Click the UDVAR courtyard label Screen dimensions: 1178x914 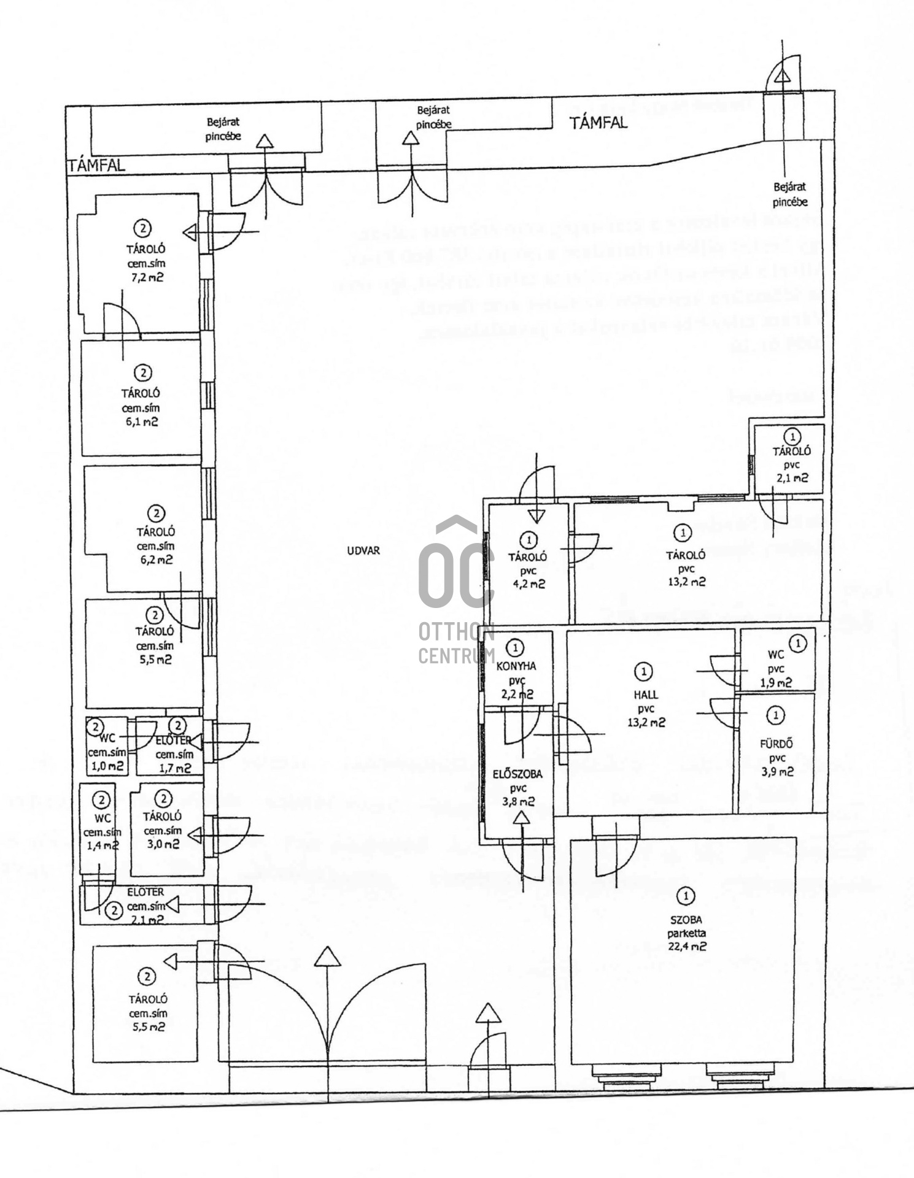coord(363,550)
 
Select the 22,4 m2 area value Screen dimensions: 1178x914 coord(687,947)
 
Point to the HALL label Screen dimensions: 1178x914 coord(646,695)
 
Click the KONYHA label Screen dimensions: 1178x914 coord(516,666)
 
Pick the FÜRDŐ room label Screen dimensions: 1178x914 coord(777,744)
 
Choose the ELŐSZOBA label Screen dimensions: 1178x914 coord(517,774)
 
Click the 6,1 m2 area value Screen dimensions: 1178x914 coord(141,422)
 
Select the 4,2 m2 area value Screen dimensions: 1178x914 coord(529,584)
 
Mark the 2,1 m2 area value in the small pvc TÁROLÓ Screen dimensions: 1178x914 coord(792,478)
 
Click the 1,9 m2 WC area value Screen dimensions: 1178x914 coord(776,683)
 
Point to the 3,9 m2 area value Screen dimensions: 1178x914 coord(777,772)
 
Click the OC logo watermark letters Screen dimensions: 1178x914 coord(456,568)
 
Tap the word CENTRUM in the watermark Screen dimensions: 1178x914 coord(456,656)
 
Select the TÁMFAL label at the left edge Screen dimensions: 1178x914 coord(96,165)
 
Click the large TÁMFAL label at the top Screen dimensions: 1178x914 coord(598,123)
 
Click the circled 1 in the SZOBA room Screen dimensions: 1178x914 coord(685,896)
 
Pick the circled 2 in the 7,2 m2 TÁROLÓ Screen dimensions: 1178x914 coord(142,229)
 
